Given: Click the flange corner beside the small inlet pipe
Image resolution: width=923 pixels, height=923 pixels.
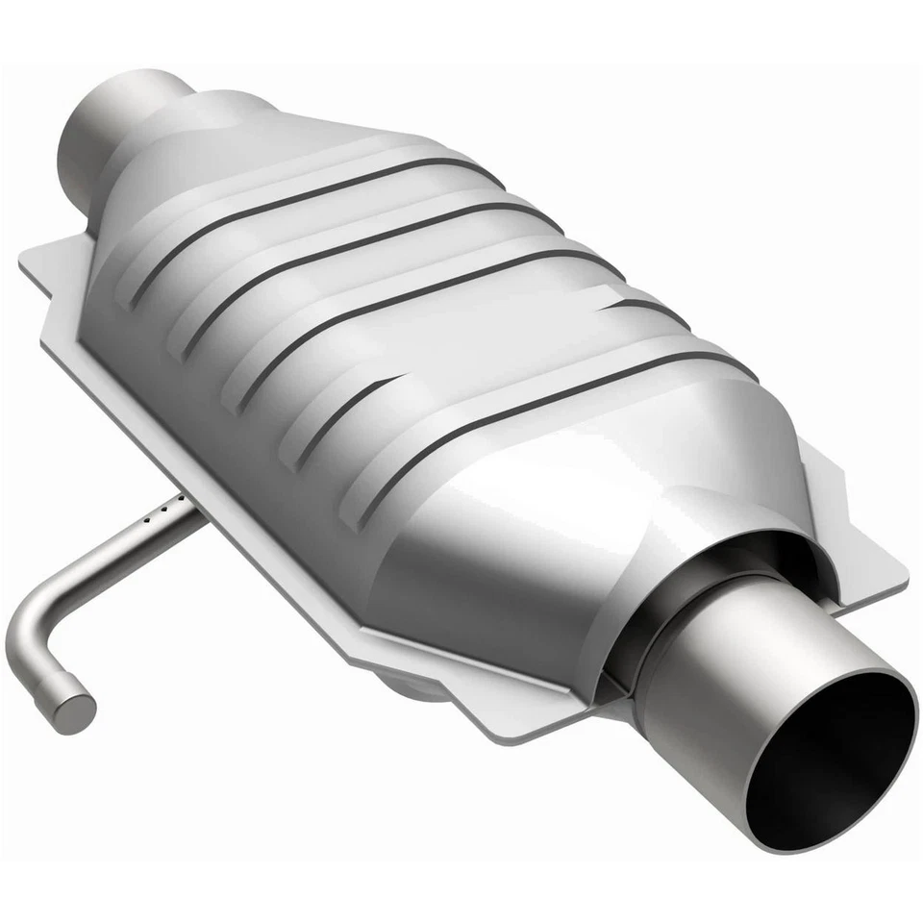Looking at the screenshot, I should pyautogui.click(x=34, y=258).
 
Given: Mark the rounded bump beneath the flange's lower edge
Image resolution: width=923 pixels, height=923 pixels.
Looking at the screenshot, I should pyautogui.click(x=413, y=687).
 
